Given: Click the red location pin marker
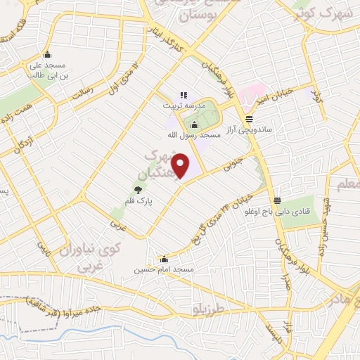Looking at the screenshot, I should [181, 167].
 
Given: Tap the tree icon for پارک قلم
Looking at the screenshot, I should [139, 189].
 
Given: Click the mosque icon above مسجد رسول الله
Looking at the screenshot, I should [194, 124].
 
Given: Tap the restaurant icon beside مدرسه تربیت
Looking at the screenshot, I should [184, 95].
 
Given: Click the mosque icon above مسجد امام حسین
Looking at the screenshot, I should [164, 259].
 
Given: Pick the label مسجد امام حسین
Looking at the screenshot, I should [164, 269].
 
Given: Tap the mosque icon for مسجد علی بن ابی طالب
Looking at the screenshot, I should [47, 55].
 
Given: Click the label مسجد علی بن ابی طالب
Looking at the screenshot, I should [47, 70].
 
